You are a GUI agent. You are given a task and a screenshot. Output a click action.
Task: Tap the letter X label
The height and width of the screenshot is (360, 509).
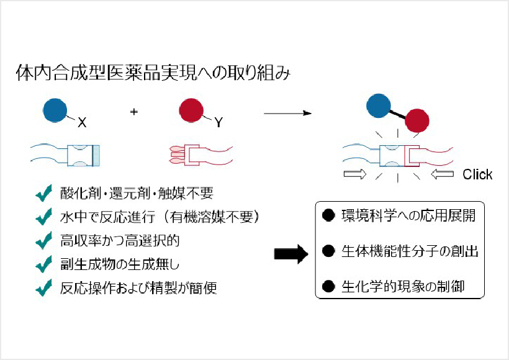[x=82, y=124]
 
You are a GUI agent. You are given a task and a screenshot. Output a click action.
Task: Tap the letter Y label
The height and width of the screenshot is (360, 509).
[x=218, y=124]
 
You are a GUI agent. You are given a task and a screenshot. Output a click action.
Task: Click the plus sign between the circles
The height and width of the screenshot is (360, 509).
[x=133, y=112]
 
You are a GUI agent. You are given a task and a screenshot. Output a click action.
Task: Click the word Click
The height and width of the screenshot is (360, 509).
[x=477, y=174]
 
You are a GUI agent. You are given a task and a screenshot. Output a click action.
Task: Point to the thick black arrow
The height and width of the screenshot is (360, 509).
[x=291, y=253]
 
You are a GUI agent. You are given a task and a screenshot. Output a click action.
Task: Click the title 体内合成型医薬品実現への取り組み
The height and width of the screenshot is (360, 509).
[x=152, y=73]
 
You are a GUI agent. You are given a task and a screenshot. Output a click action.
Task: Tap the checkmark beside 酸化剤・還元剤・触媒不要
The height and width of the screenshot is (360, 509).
[x=43, y=194]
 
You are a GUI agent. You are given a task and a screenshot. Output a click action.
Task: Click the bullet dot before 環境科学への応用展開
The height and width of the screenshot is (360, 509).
[x=329, y=216]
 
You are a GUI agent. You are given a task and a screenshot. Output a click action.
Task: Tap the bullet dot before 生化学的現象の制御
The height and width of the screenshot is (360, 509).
[x=329, y=287]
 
